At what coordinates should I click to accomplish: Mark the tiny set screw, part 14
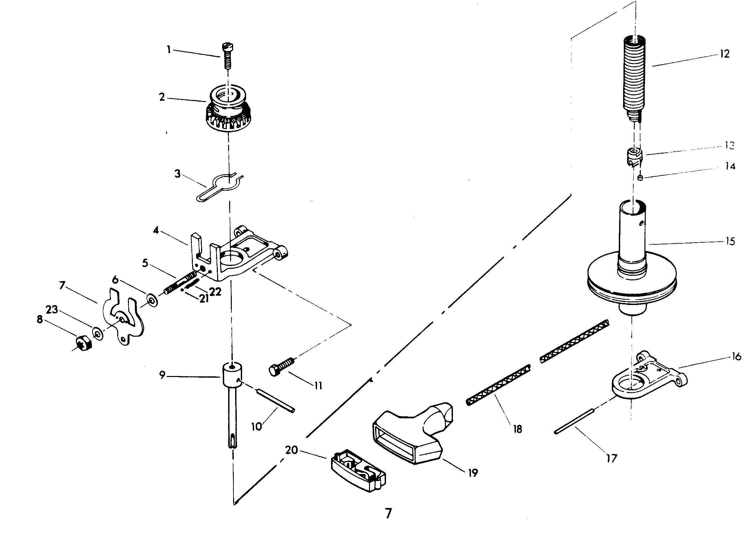640,178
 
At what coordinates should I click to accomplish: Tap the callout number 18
517,429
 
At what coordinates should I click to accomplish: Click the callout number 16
736,357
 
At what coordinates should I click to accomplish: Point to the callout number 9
162,375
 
